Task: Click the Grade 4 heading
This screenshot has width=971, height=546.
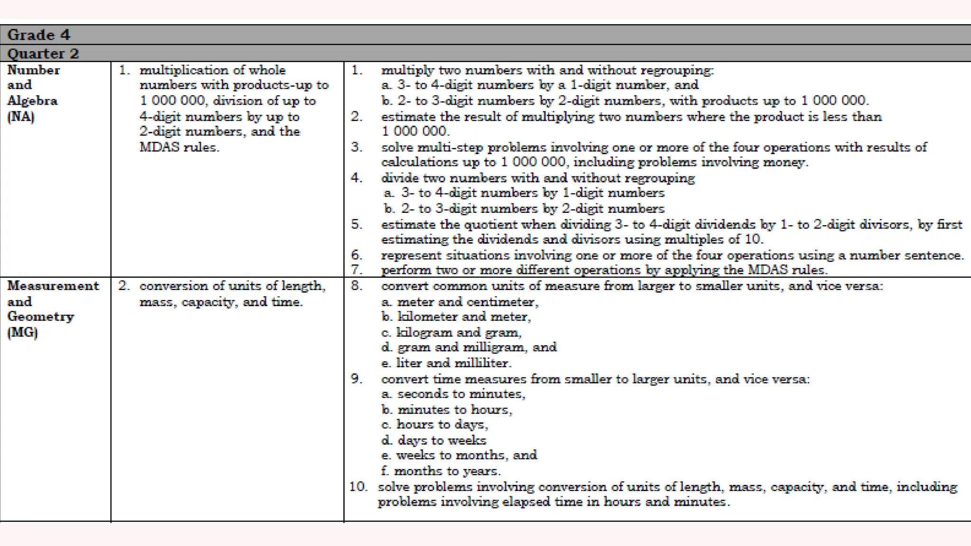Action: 38,35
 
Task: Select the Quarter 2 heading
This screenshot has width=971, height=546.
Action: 43,53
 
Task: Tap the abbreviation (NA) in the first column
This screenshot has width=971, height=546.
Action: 21,117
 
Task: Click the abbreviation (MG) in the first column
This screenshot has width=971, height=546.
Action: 22,332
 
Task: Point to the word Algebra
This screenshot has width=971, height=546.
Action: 32,100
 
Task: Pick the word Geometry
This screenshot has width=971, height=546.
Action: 41,317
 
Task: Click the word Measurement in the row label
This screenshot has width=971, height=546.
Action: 53,286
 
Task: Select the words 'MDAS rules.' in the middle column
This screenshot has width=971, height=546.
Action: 179,147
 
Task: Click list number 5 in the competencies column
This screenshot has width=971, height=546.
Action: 357,224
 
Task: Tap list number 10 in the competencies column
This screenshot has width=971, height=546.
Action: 358,487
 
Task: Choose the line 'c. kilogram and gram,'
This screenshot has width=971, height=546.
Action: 451,332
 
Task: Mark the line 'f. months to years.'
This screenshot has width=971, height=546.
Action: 441,471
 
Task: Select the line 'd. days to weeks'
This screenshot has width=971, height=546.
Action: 434,440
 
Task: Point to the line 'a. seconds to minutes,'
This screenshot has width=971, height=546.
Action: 453,394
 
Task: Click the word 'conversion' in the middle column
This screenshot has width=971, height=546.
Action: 174,286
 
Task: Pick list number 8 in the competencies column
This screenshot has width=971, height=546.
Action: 357,286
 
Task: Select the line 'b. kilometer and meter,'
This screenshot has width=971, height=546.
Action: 456,317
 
